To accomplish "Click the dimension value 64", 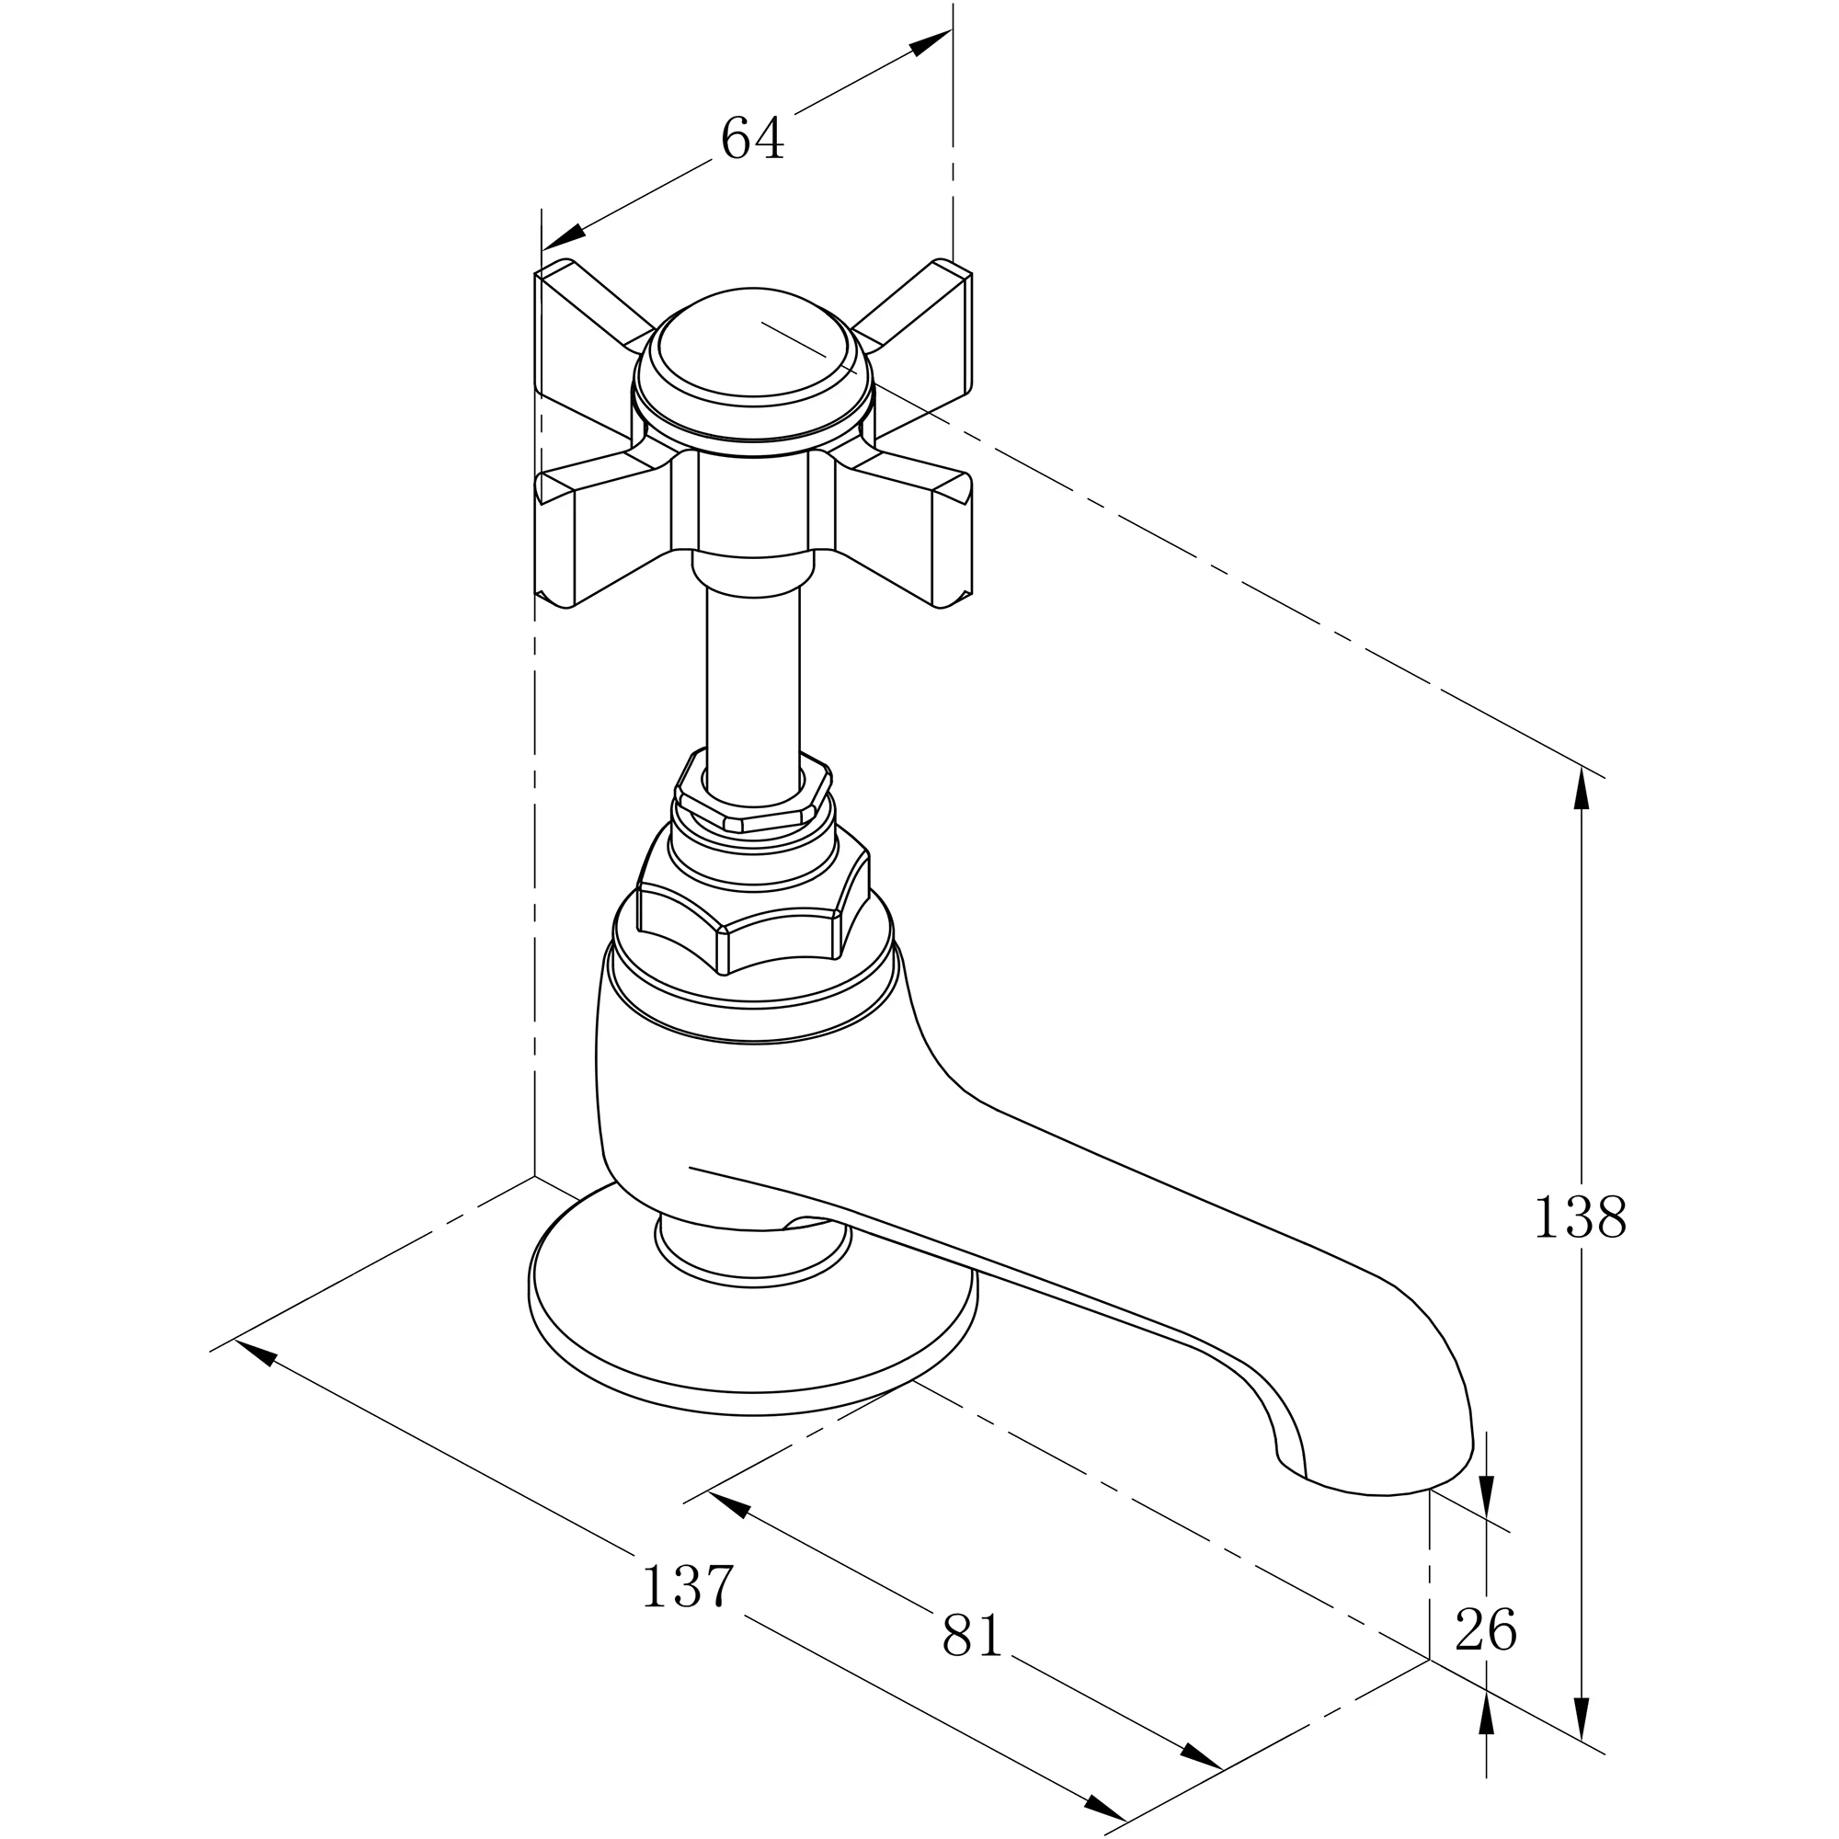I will (752, 139).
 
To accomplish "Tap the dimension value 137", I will (687, 1587).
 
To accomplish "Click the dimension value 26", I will (1485, 1631).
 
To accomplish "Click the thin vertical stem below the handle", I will (752, 676).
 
